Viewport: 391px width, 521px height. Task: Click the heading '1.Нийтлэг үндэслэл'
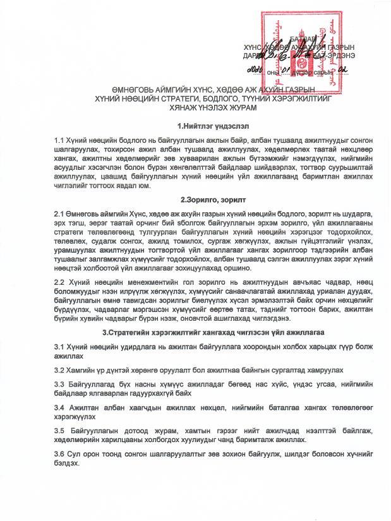(x=212, y=126)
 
